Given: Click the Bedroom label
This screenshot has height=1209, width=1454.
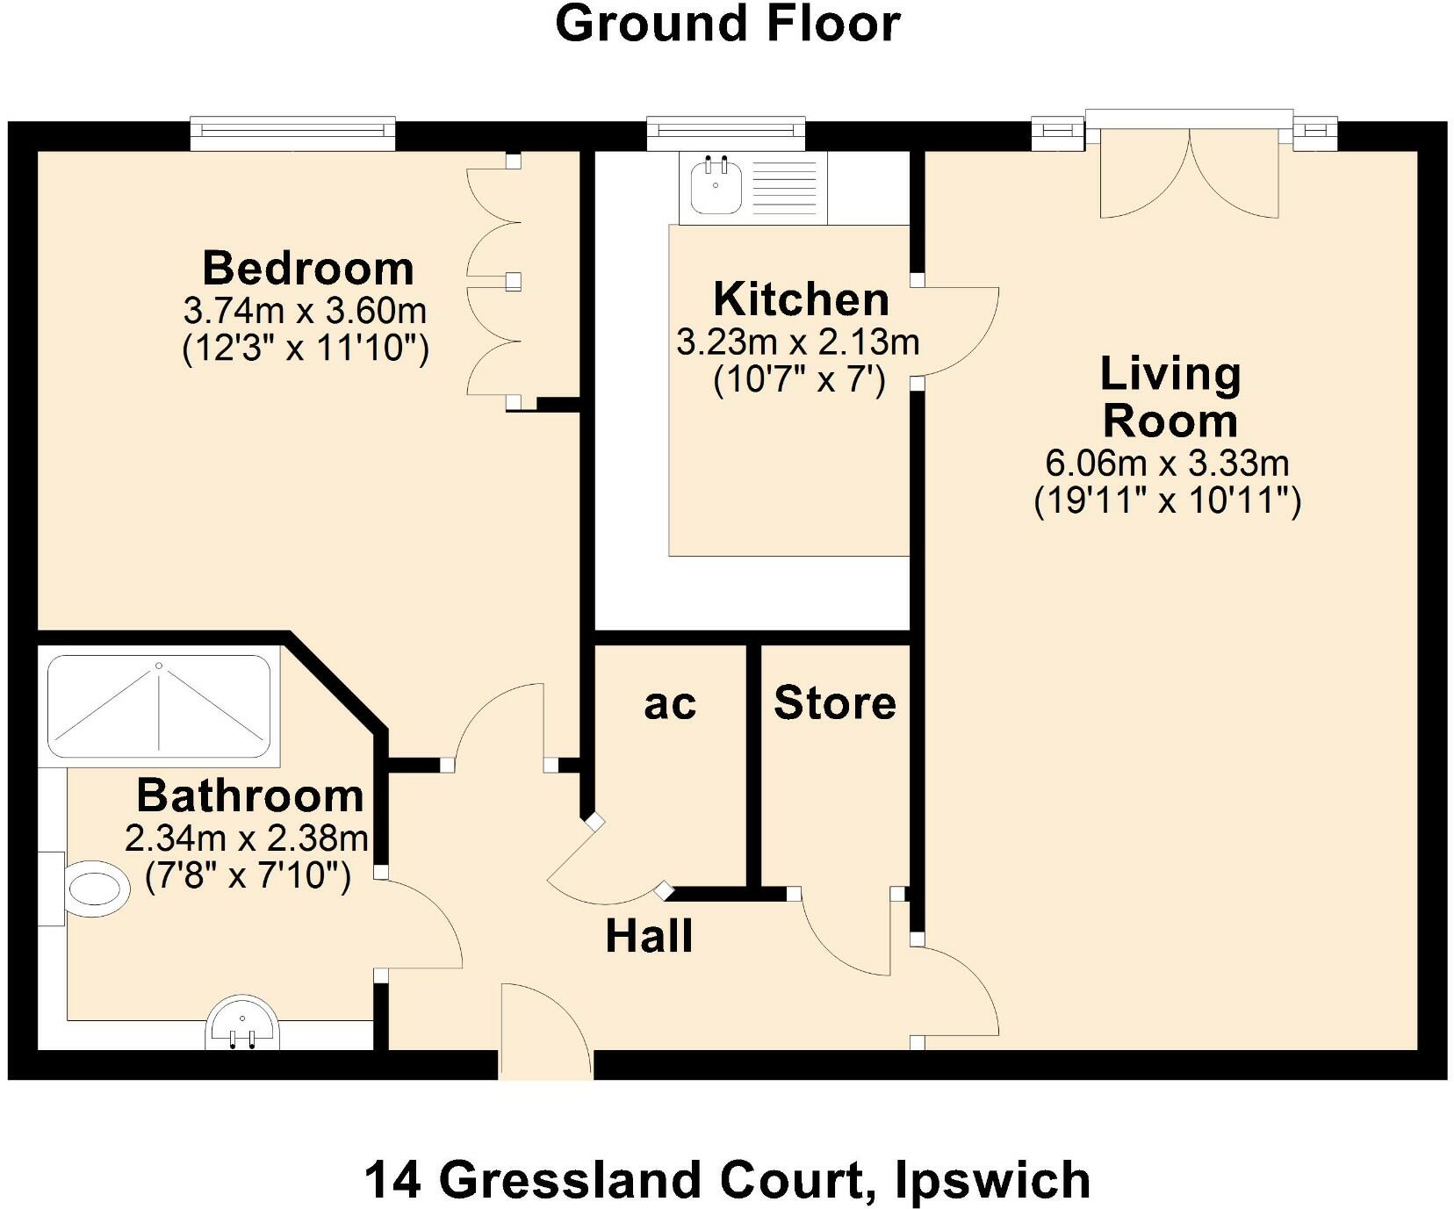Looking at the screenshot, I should pyautogui.click(x=307, y=269).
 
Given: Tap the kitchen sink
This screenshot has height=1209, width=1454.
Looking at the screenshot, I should pyautogui.click(x=715, y=186).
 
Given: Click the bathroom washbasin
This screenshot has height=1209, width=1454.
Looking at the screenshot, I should pyautogui.click(x=242, y=1023).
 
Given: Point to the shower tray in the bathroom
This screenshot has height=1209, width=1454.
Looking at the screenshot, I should pyautogui.click(x=159, y=707).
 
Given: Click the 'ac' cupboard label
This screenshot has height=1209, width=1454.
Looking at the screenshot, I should pyautogui.click(x=670, y=704).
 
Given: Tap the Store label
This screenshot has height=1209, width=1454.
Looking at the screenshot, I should pyautogui.click(x=834, y=703).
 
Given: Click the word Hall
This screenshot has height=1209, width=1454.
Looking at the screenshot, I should pyautogui.click(x=649, y=936).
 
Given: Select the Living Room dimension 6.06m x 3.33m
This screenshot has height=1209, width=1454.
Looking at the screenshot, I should pyautogui.click(x=1167, y=462).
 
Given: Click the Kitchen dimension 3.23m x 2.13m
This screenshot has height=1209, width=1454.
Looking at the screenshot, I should pyautogui.click(x=797, y=342).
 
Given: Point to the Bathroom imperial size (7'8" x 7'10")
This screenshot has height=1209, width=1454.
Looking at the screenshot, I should pyautogui.click(x=248, y=876).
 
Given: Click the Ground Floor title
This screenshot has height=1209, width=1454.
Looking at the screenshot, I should pyautogui.click(x=727, y=25).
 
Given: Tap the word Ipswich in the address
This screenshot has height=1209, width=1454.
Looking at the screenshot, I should pyautogui.click(x=992, y=1180).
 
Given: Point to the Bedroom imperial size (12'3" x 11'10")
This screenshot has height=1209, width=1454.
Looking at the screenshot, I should pyautogui.click(x=306, y=349).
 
